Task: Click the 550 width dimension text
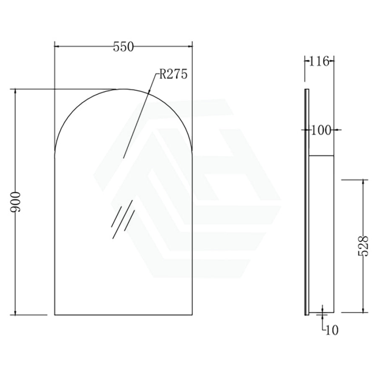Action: click(x=123, y=47)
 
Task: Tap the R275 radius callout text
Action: click(x=173, y=74)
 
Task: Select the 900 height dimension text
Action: click(x=15, y=202)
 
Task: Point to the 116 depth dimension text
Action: click(x=319, y=61)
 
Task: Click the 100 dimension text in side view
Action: click(x=321, y=131)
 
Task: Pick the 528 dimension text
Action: click(x=363, y=246)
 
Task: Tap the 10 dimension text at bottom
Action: click(x=332, y=330)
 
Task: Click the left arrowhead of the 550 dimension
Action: click(x=57, y=46)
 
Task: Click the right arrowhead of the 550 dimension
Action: click(x=190, y=46)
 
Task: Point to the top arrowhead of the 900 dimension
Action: click(x=15, y=92)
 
